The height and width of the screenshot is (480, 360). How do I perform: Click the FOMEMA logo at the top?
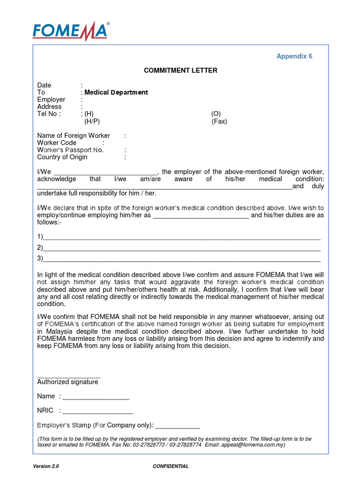tap(70, 31)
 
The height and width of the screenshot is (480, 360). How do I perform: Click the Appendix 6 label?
tap(294, 56)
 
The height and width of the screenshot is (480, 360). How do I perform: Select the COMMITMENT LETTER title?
tap(180, 71)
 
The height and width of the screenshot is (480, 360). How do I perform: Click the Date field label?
tap(44, 85)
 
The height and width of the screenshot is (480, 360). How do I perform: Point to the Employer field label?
tap(51, 99)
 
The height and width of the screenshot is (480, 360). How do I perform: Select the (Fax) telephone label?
tap(219, 121)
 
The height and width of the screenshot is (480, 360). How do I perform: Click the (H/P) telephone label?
tap(92, 121)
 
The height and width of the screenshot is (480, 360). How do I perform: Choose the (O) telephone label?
tap(216, 114)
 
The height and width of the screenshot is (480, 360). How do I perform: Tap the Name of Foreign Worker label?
tap(74, 135)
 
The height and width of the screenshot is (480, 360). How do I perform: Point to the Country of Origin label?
tap(62, 157)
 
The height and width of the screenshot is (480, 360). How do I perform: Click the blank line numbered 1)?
tap(181, 237)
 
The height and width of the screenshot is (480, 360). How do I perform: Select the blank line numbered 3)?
tap(181, 259)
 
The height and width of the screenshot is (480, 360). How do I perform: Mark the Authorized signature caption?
tap(67, 382)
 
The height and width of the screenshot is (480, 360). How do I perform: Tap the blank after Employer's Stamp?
tap(177, 427)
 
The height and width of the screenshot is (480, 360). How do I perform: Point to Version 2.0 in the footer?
tap(46, 466)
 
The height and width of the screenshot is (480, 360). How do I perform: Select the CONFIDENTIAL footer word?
tap(171, 466)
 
